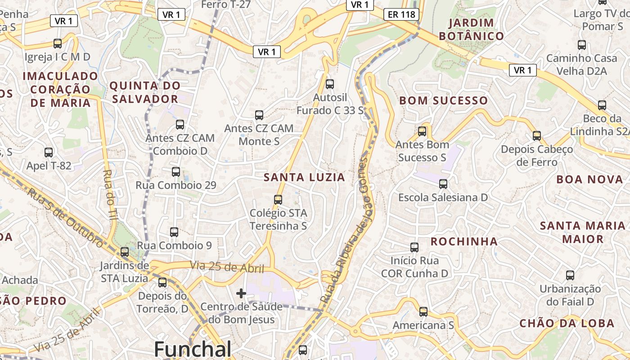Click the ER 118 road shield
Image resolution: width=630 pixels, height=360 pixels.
click(401, 14)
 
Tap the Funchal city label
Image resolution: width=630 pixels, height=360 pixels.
click(193, 349)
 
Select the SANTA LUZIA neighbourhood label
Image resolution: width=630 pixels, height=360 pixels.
click(304, 177)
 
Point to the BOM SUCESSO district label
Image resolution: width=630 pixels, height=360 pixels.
click(443, 100)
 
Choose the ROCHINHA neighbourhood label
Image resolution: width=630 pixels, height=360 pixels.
click(464, 242)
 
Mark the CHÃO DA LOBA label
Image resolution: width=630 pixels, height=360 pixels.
click(567, 323)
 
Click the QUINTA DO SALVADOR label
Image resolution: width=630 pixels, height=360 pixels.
click(145, 92)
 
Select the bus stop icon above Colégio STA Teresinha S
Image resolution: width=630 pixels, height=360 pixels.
click(278, 199)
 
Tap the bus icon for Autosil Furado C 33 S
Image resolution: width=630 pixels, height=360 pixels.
click(330, 84)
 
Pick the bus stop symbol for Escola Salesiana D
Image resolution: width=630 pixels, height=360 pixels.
click(443, 184)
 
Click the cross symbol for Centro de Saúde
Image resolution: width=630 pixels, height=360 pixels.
click(241, 293)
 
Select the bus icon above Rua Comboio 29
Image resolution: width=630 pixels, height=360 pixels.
click(176, 171)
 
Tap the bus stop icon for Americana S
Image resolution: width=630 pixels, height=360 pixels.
click(423, 311)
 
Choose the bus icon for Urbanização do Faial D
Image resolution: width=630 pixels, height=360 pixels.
click(570, 275)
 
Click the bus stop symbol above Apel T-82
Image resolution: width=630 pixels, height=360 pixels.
click(49, 152)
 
